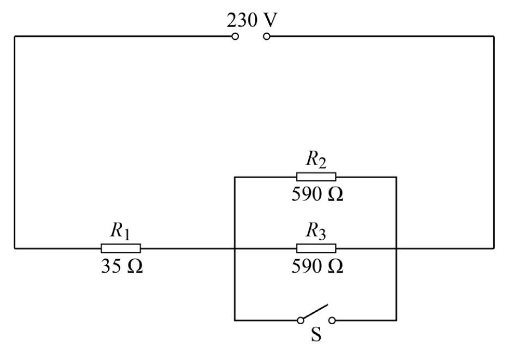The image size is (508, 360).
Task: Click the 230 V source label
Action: [252, 20]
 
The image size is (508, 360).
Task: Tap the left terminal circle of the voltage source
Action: [235, 36]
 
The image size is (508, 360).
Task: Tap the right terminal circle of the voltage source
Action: [267, 36]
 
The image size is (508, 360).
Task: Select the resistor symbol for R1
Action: [121, 248]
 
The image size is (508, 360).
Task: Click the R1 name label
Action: [120, 231]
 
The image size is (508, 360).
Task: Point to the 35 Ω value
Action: [122, 266]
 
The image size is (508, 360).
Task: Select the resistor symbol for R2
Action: [316, 177]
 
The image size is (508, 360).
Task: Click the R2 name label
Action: [316, 160]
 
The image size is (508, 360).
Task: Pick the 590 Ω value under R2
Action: [317, 194]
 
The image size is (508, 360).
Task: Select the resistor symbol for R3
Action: [316, 248]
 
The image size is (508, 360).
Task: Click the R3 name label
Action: [316, 231]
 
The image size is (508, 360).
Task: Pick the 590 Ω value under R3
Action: [317, 266]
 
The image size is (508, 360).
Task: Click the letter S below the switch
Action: [316, 334]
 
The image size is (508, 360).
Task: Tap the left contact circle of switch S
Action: [301, 320]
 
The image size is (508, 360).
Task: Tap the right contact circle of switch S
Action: [332, 320]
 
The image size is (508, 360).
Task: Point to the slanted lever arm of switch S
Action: [315, 312]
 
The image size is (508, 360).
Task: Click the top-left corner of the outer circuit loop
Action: [15, 36]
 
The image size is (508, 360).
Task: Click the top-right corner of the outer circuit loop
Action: [494, 36]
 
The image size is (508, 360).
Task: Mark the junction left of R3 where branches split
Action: [235, 248]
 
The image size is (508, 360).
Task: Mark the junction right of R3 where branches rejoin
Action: [396, 248]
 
